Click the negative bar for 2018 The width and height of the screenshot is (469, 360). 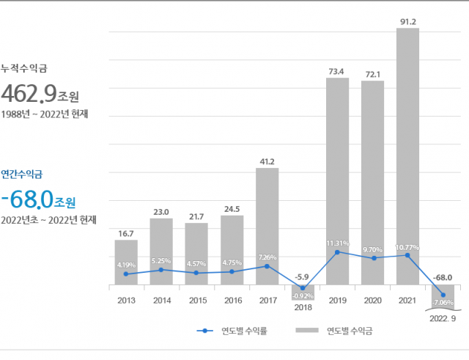(x=302, y=292)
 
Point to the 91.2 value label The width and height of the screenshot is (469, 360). (x=407, y=22)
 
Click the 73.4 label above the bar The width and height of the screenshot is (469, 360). (x=337, y=71)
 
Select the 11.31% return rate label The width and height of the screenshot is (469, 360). (x=337, y=243)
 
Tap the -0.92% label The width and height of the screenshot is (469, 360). (x=302, y=295)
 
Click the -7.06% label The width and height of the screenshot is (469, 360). (x=443, y=302)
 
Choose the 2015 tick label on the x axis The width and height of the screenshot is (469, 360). (x=196, y=300)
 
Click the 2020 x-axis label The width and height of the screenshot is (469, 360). (x=372, y=300)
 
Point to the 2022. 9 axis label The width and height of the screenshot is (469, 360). (x=443, y=319)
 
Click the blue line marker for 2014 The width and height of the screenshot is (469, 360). (x=161, y=270)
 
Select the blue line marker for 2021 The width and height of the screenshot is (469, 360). (x=407, y=255)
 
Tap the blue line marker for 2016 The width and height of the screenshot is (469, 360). (x=232, y=272)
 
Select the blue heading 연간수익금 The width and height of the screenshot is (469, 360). (x=22, y=175)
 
